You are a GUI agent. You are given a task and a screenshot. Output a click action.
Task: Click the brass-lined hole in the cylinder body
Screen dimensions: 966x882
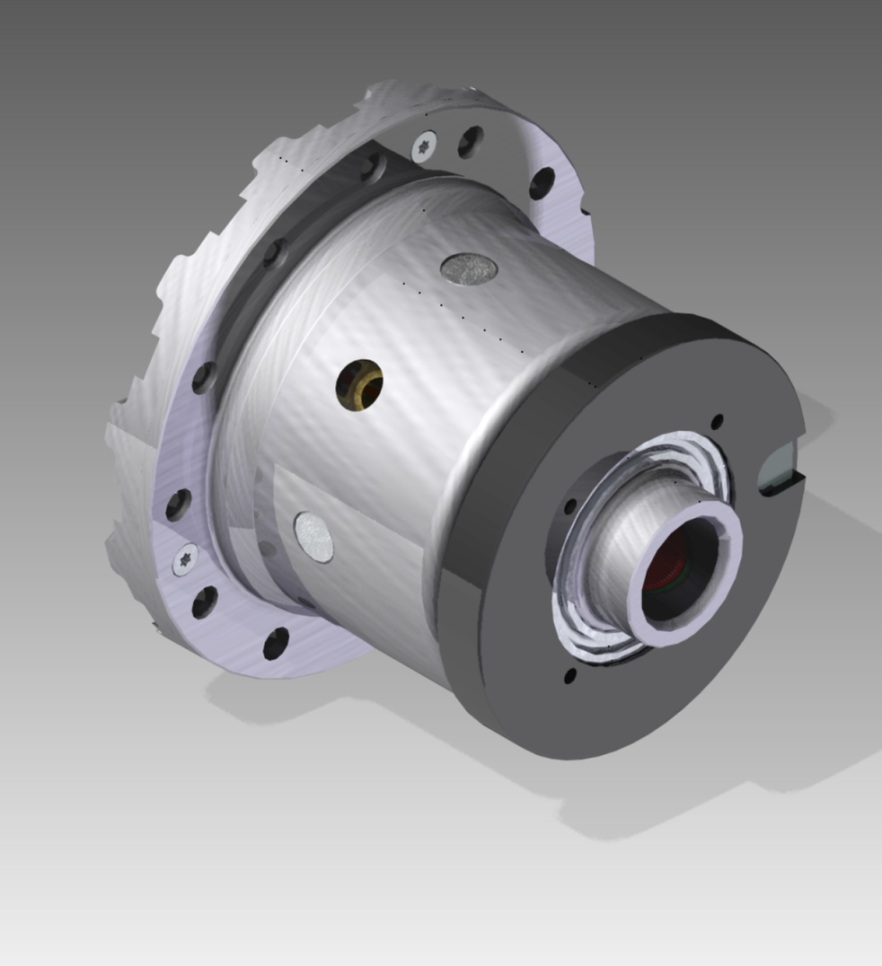click(x=360, y=385)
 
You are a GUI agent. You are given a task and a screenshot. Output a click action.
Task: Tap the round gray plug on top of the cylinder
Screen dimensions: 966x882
click(x=469, y=268)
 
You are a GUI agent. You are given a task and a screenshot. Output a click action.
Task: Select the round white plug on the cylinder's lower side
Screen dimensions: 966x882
click(x=314, y=538)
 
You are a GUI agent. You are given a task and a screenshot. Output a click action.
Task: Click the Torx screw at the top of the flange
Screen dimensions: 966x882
click(x=424, y=147)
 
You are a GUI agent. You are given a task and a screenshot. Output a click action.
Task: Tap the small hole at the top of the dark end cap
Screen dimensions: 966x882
click(x=716, y=421)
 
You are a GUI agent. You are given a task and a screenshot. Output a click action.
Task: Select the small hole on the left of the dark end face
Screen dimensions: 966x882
click(x=569, y=507)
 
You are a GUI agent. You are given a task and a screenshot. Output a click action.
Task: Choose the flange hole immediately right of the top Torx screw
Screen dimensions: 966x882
click(x=469, y=141)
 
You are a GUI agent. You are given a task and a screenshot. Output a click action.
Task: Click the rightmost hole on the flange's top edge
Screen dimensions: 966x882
click(x=541, y=182)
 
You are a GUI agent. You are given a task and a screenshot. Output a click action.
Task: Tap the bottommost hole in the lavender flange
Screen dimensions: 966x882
click(x=276, y=643)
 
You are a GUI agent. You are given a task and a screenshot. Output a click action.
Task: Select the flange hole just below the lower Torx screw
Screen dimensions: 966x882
click(x=204, y=602)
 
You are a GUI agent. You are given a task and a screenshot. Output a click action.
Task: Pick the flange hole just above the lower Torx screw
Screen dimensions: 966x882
click(x=177, y=505)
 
